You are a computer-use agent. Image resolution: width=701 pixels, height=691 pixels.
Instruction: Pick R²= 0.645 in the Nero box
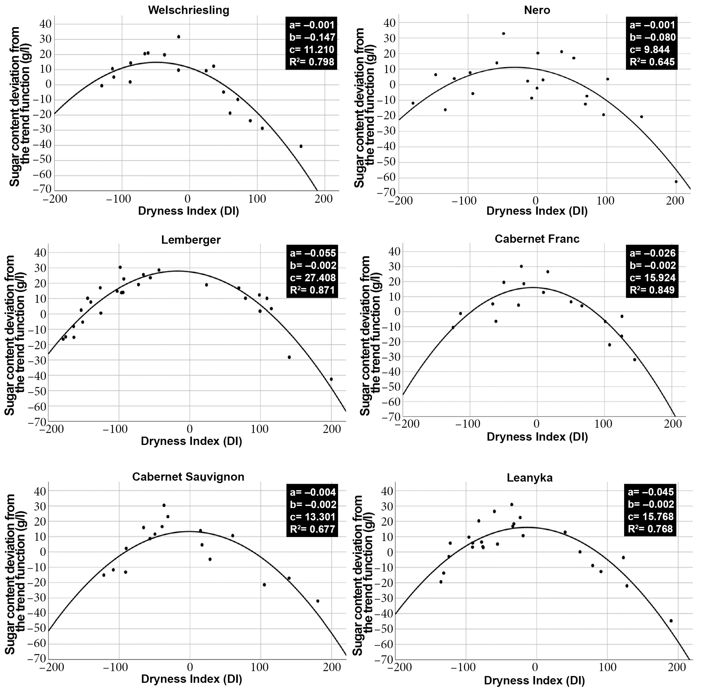[x=652, y=62]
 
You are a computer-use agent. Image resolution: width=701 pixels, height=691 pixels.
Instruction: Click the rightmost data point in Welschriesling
[x=301, y=146]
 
